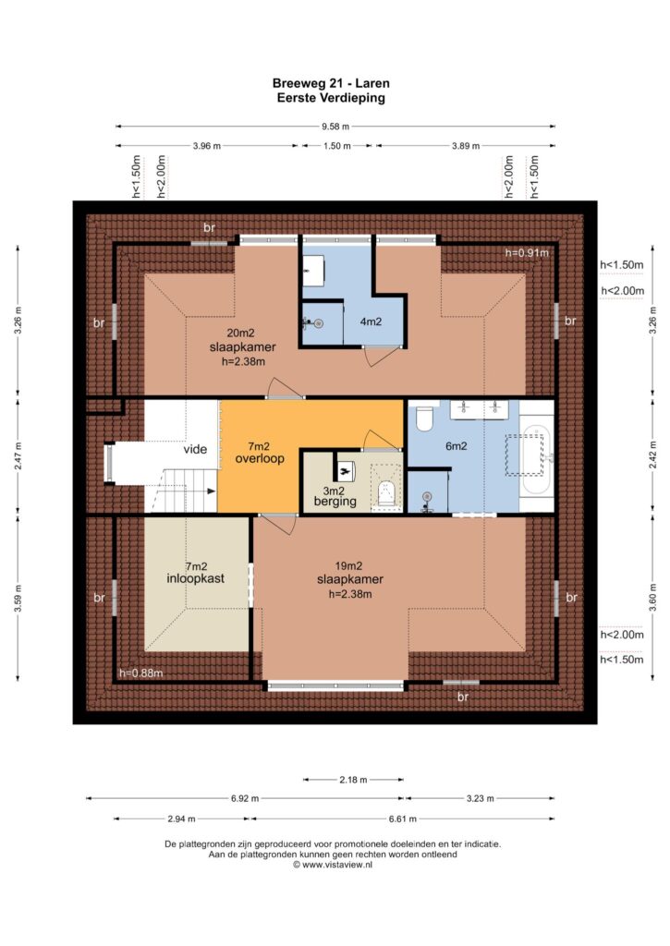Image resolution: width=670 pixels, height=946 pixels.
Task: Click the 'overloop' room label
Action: coord(260,458)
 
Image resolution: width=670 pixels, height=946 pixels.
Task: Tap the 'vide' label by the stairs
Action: coord(195,450)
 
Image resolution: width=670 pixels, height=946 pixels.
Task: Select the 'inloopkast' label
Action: coord(196,578)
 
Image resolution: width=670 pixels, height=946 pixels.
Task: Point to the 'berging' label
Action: coord(335,502)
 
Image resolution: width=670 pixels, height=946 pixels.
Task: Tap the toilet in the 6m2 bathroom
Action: coord(424,418)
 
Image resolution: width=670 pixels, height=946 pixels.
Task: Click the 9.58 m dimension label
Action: coord(335,127)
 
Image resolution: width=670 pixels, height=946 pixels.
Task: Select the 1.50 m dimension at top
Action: coord(336,146)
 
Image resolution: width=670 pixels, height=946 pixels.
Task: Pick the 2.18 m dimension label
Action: coord(353,780)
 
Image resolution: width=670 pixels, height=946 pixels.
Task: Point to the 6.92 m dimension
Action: coord(245,799)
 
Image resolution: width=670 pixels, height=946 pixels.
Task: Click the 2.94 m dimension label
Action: coord(181,819)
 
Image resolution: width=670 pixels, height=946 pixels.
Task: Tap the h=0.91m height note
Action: coord(527,253)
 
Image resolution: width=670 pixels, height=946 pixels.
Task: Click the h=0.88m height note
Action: coord(141,673)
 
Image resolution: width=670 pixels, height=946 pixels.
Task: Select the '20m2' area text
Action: coord(240,333)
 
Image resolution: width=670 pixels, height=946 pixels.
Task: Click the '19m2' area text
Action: coord(348,566)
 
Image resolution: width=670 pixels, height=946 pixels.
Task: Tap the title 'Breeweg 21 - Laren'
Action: coord(331,83)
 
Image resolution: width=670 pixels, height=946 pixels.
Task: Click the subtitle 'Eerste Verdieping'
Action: coord(331,98)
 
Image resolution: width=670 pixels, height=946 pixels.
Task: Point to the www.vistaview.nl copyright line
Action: coord(333,865)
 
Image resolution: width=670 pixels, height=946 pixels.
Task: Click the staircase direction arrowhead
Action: coord(212,491)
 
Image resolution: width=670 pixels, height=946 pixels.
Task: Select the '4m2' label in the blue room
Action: coord(371,321)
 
